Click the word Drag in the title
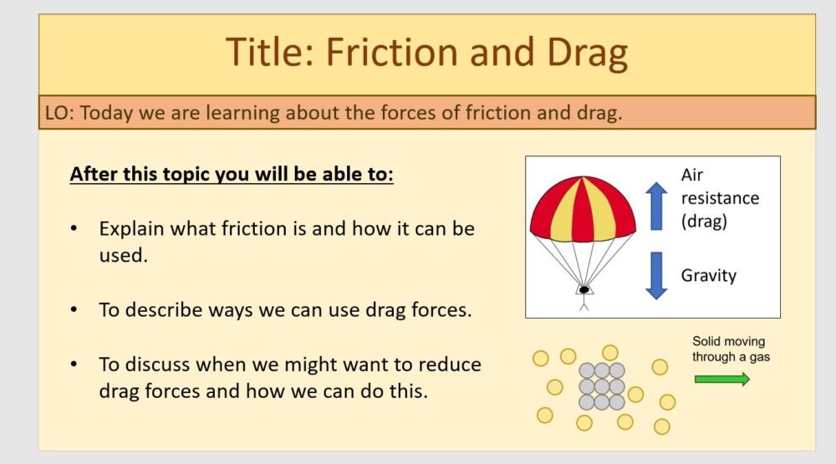pos(584,53)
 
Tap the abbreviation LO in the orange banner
pos(57,114)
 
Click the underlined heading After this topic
pos(232,176)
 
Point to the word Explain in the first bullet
pos(131,228)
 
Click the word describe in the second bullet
pos(162,309)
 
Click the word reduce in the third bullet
pos(451,365)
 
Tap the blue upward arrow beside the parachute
pos(656,204)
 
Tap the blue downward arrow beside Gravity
pos(656,275)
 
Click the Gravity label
pos(708,275)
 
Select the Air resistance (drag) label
pos(720,198)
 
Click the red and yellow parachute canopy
pos(583,209)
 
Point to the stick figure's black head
pos(583,290)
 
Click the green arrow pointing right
pos(721,379)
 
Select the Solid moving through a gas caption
pos(728,349)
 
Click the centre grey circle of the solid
pos(602,386)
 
